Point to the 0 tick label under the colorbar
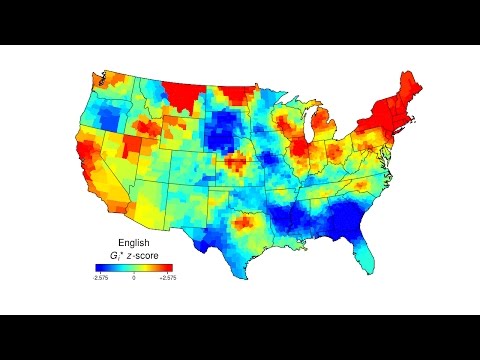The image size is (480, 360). [133, 277]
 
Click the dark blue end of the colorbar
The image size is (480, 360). [100, 267]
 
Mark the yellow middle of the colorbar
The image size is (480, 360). [133, 267]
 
